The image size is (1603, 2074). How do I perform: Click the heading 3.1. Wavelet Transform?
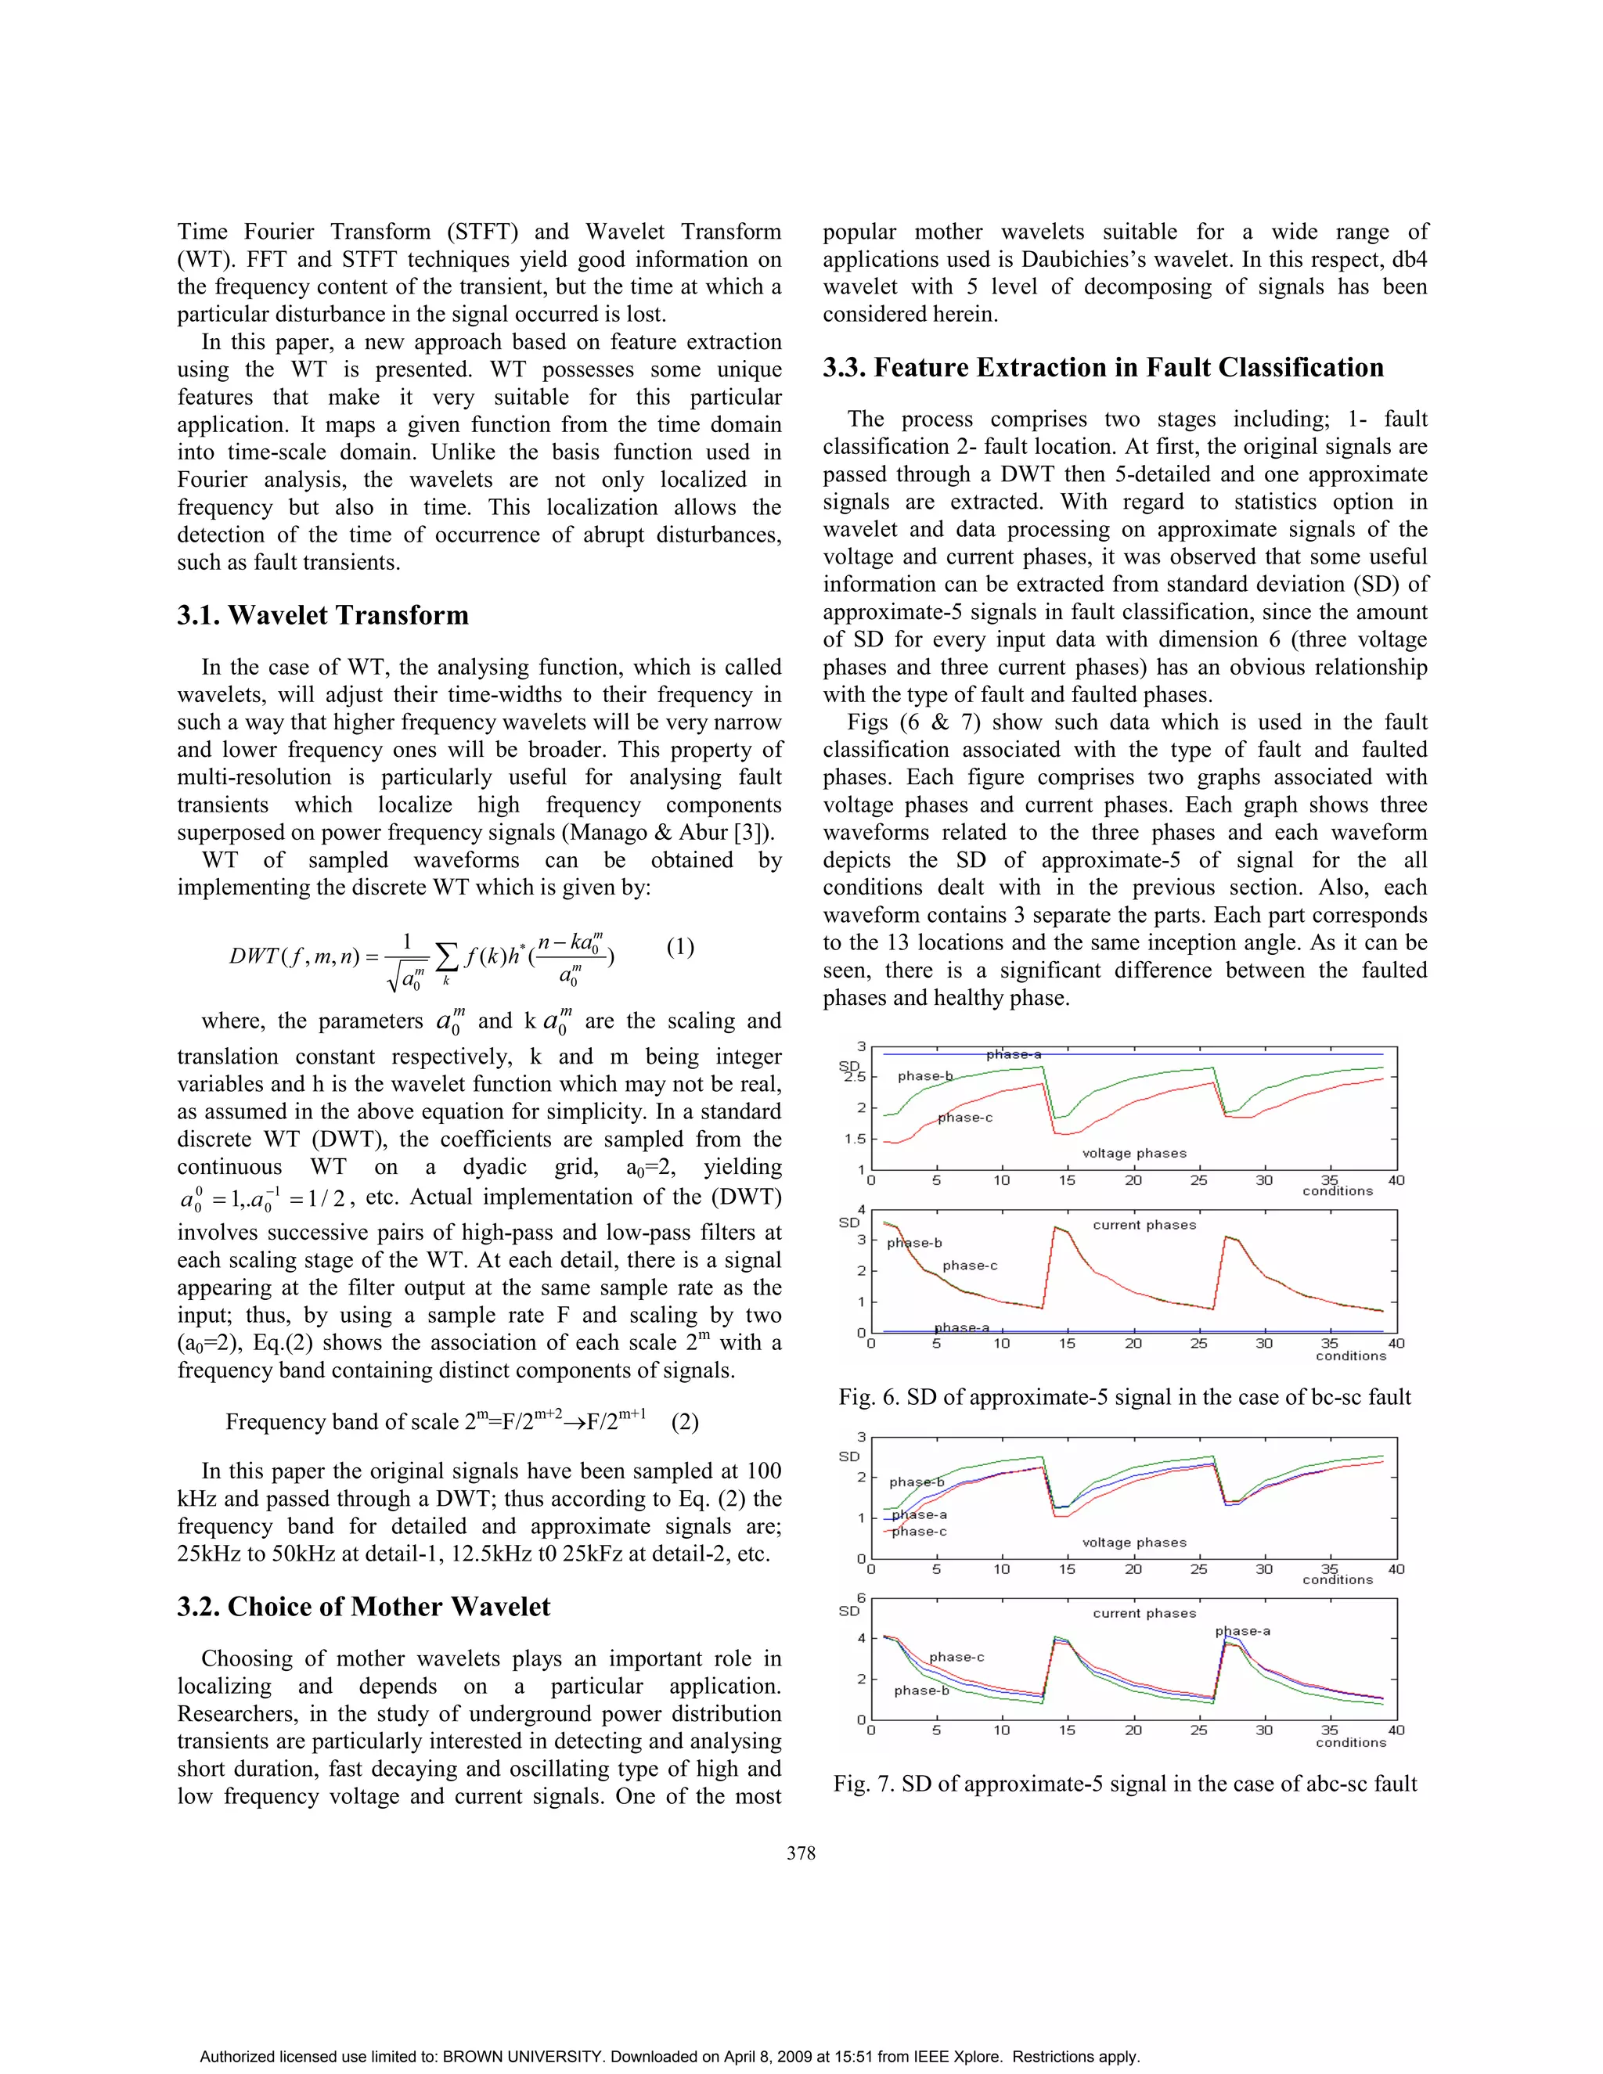tap(323, 615)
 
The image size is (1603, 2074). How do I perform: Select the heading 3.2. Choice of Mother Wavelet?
tap(364, 1607)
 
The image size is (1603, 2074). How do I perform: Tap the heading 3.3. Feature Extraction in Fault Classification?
tap(1103, 368)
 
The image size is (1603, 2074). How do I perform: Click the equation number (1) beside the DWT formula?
tap(680, 947)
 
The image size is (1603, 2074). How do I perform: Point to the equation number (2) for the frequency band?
tap(685, 1421)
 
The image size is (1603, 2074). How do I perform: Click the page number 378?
tap(801, 1853)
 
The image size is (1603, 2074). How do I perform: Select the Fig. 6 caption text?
tap(1125, 1397)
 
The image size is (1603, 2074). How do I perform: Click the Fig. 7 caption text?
tap(1125, 1784)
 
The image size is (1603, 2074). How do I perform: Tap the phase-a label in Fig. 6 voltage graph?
tap(1014, 1054)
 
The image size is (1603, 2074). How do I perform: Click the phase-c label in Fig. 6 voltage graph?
tap(965, 1118)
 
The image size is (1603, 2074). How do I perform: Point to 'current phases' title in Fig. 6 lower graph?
tap(1144, 1225)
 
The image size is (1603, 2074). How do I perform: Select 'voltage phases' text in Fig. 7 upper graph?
tap(1134, 1543)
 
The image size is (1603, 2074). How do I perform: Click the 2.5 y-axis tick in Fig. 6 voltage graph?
tap(855, 1077)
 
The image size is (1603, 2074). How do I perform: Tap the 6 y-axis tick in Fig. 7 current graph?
tap(861, 1598)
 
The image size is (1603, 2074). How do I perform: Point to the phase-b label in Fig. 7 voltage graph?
tap(917, 1482)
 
